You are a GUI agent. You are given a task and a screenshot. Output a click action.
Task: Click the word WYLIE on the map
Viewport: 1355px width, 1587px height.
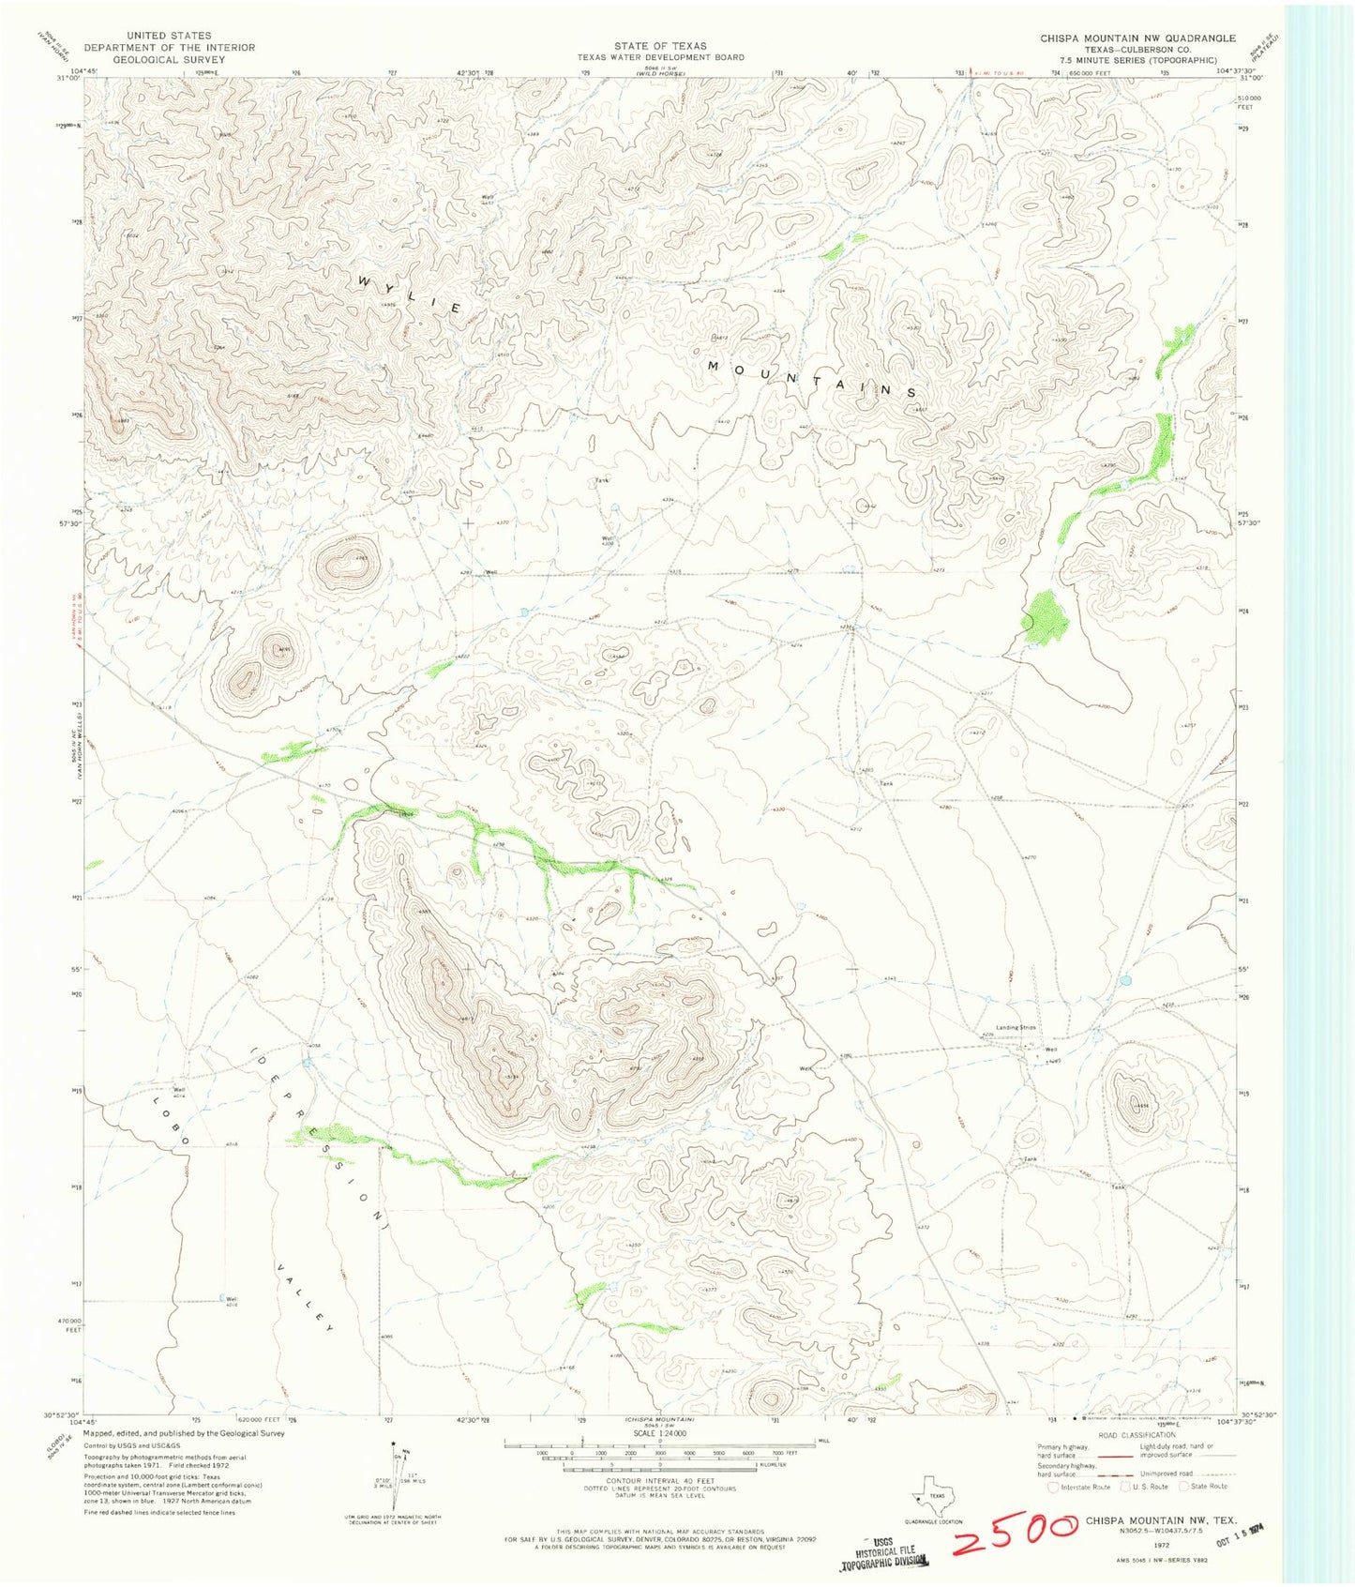409,295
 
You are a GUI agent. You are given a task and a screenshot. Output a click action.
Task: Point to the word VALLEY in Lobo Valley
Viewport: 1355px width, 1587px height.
305,1297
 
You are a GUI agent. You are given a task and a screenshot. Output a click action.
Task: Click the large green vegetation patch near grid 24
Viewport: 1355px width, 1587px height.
1045,617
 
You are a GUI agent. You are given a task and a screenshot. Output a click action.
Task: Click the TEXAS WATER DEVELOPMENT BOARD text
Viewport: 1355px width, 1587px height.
660,57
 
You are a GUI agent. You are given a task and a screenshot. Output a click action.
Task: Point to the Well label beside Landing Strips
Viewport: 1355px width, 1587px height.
1051,1050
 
